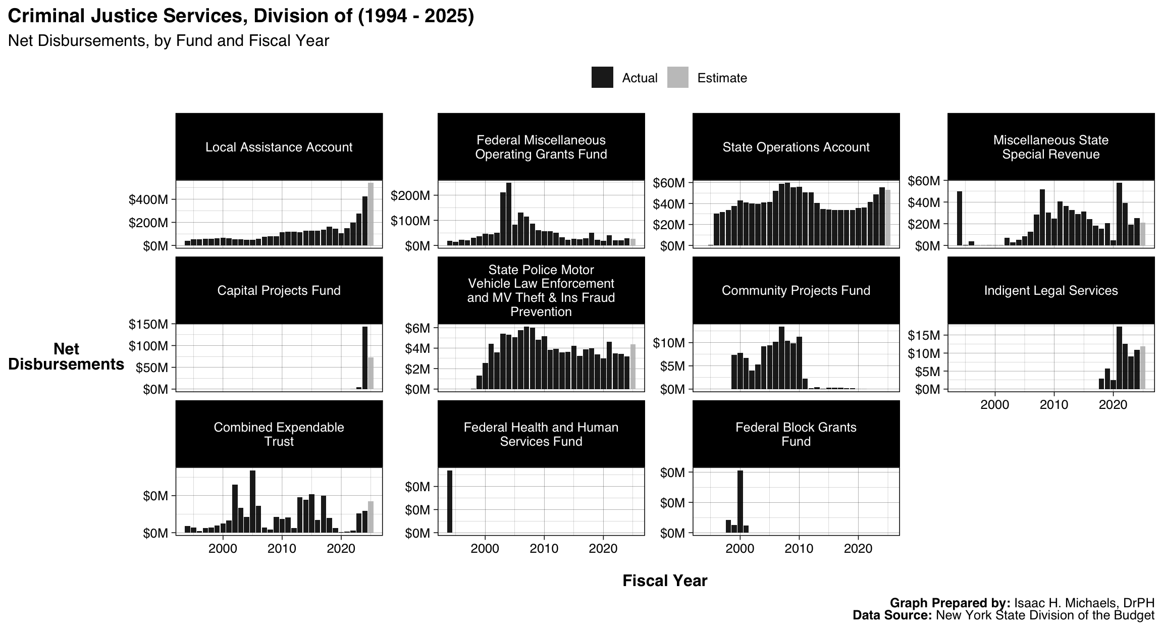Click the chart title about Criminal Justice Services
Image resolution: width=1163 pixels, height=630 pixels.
pos(241,16)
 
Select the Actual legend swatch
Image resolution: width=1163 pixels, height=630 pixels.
pos(602,78)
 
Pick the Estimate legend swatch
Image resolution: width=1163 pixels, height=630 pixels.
pos(677,78)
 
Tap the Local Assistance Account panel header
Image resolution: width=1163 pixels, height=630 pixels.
pos(279,147)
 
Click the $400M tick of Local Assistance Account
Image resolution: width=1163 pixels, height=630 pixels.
pos(148,199)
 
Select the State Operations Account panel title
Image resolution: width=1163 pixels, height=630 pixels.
pos(796,147)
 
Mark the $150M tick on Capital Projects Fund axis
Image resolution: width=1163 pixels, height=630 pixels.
pos(148,324)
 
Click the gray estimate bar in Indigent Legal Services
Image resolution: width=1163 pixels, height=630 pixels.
pos(1143,367)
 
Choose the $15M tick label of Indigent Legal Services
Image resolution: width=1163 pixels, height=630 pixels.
pos(924,335)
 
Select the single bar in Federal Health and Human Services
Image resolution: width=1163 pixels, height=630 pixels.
pos(450,501)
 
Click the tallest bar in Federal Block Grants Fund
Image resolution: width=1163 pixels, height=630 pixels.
pos(740,501)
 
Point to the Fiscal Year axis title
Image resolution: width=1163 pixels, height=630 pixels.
pos(664,581)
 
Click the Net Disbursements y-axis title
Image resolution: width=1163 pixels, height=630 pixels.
pos(66,356)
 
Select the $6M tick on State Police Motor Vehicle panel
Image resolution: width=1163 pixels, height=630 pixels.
pos(417,329)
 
